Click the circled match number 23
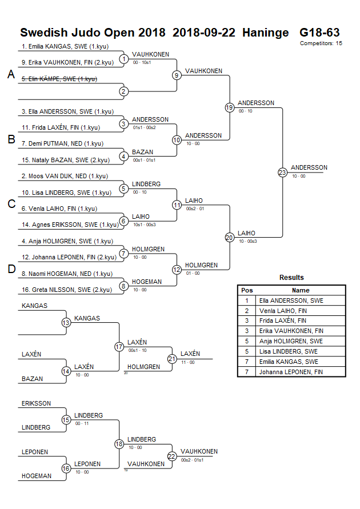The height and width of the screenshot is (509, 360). pos(282,173)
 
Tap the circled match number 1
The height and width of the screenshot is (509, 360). pos(123,59)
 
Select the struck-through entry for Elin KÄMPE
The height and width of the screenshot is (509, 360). pos(59,79)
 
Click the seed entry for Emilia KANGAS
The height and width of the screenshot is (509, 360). pos(65,46)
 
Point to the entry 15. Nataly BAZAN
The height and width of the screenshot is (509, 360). pos(66,160)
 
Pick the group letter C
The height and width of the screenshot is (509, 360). pos(11,204)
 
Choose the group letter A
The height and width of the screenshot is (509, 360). pos(11,74)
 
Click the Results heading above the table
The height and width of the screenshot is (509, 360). pos(291,278)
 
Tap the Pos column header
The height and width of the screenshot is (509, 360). pos(247,291)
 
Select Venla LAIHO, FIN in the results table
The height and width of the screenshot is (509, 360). pos(283,311)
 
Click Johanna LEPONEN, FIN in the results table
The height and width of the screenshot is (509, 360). pos(291,372)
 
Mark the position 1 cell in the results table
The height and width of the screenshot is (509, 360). pos(247,300)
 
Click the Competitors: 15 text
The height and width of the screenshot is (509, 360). pos(321,43)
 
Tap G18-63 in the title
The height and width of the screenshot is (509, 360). pos(319,33)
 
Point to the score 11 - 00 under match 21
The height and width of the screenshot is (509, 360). pos(188,362)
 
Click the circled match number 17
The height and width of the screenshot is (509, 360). pos(119,347)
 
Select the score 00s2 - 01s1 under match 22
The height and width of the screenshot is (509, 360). pos(192,460)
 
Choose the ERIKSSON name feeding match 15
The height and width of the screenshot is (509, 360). pos(37,403)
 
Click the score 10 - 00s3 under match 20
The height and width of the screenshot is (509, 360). pos(247,241)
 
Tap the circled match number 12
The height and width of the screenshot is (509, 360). pos(177,270)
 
